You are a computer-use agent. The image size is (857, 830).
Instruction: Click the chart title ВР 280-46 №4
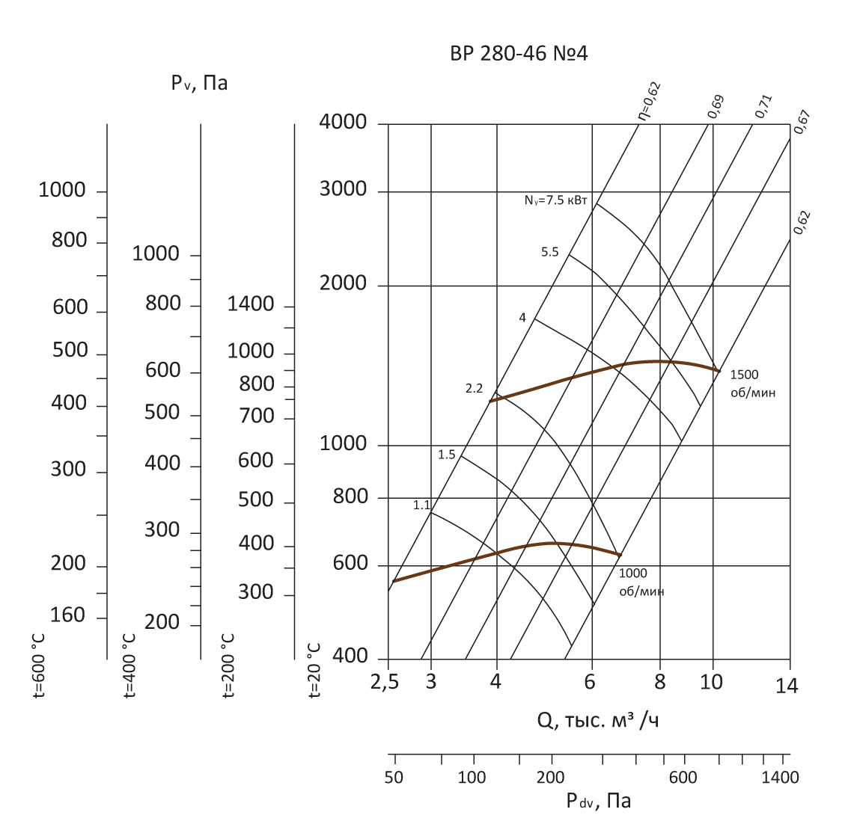519,54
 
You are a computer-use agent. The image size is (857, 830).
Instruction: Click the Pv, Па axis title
199,82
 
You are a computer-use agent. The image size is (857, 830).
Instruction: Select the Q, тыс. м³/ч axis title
599,720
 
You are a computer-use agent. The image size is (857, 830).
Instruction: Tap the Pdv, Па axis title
598,802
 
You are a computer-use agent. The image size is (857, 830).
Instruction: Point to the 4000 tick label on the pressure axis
343,122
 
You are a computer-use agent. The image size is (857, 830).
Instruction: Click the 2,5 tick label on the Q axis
384,682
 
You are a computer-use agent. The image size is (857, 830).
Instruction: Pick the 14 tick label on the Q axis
787,685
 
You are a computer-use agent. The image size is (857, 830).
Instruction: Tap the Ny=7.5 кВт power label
557,200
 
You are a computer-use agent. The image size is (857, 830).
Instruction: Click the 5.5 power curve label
550,252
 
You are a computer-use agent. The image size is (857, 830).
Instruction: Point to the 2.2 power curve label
474,388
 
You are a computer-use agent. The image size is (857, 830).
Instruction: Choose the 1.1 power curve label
421,505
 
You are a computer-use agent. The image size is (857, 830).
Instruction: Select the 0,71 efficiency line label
763,106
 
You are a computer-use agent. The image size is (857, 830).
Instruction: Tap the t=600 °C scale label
38,666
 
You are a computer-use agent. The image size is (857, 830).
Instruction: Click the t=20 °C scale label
314,670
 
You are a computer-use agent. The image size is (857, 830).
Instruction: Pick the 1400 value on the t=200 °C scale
251,304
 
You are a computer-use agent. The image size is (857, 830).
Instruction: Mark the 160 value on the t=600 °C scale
67,615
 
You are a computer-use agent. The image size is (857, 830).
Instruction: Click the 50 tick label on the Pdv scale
394,778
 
